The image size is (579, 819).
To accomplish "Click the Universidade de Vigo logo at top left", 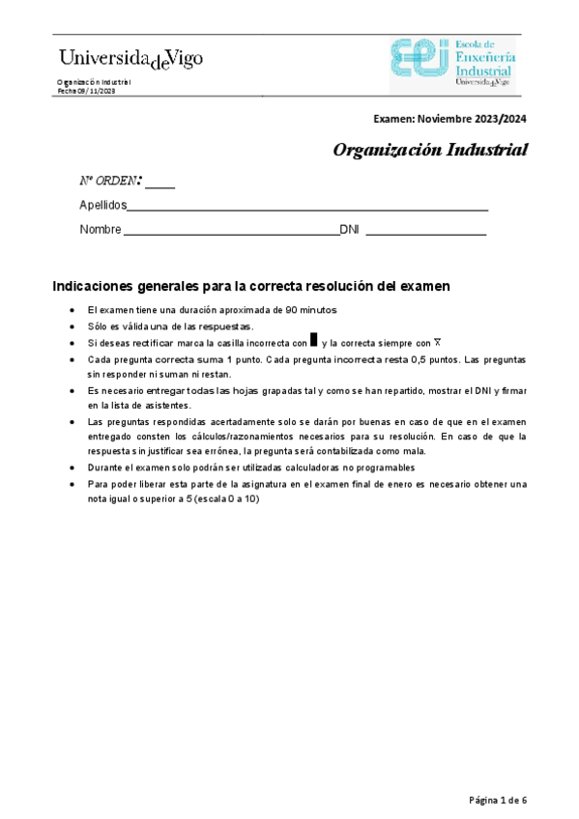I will point(131,60).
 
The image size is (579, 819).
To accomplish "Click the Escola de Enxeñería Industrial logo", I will point(452,65).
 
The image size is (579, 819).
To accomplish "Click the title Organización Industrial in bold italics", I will point(430,150).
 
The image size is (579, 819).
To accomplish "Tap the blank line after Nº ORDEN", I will point(160,184).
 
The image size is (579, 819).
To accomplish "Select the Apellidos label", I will point(102,205).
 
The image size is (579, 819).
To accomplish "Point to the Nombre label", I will point(100,230).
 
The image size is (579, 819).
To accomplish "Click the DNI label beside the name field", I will point(349,230).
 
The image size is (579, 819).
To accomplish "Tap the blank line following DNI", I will point(425,233).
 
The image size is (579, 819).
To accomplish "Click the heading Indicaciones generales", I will point(250,287).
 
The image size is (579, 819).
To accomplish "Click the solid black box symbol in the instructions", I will point(313,341).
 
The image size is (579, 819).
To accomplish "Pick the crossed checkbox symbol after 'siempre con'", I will point(437,342).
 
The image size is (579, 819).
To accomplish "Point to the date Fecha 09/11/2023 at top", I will point(86,91).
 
